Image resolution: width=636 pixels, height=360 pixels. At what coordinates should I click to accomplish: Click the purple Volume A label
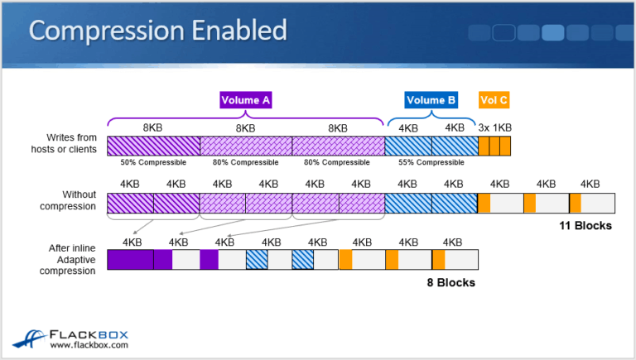click(246, 100)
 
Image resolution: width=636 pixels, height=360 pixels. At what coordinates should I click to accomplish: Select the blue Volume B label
click(431, 100)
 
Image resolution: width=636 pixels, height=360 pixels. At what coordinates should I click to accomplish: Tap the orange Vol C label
click(494, 100)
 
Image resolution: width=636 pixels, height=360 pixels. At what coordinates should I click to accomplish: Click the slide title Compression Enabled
click(158, 31)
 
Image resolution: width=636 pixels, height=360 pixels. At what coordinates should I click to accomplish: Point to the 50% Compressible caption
click(153, 162)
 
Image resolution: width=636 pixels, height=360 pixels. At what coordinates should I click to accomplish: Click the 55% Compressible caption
click(431, 162)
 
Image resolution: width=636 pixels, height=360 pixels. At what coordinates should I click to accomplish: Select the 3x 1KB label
click(495, 127)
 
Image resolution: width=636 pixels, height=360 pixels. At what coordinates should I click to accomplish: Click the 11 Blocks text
click(585, 226)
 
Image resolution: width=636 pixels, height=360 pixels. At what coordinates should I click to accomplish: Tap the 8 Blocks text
click(451, 282)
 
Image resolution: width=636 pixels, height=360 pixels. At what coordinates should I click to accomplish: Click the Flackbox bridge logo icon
click(29, 339)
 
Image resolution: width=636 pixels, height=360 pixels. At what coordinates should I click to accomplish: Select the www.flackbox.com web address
click(89, 345)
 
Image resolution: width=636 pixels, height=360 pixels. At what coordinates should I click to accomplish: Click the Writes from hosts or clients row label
click(64, 143)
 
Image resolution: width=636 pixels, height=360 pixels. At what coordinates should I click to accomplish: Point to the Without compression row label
click(68, 200)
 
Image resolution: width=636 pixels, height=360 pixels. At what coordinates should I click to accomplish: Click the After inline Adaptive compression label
click(67, 260)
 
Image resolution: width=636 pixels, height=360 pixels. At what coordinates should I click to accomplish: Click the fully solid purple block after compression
click(131, 260)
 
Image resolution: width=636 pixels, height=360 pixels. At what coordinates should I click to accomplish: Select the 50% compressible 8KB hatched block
click(154, 146)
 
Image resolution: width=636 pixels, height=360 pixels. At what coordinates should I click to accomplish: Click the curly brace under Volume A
click(245, 118)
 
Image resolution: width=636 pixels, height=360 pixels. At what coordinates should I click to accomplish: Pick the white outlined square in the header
click(503, 32)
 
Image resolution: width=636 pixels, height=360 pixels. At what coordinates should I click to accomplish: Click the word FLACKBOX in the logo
click(89, 335)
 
